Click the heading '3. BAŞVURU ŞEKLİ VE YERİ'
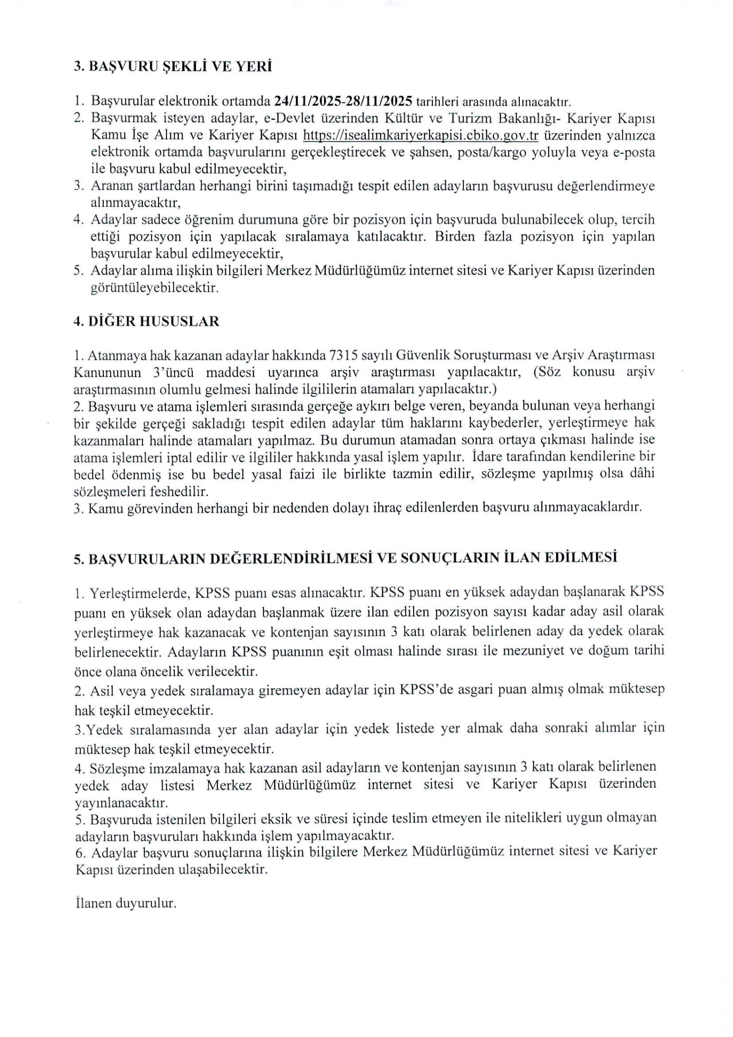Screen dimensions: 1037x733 click(173, 67)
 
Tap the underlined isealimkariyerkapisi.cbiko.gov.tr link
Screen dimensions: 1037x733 click(420, 135)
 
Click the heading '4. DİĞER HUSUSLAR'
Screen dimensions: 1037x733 click(146, 322)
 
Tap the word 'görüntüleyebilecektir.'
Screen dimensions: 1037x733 click(154, 288)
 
